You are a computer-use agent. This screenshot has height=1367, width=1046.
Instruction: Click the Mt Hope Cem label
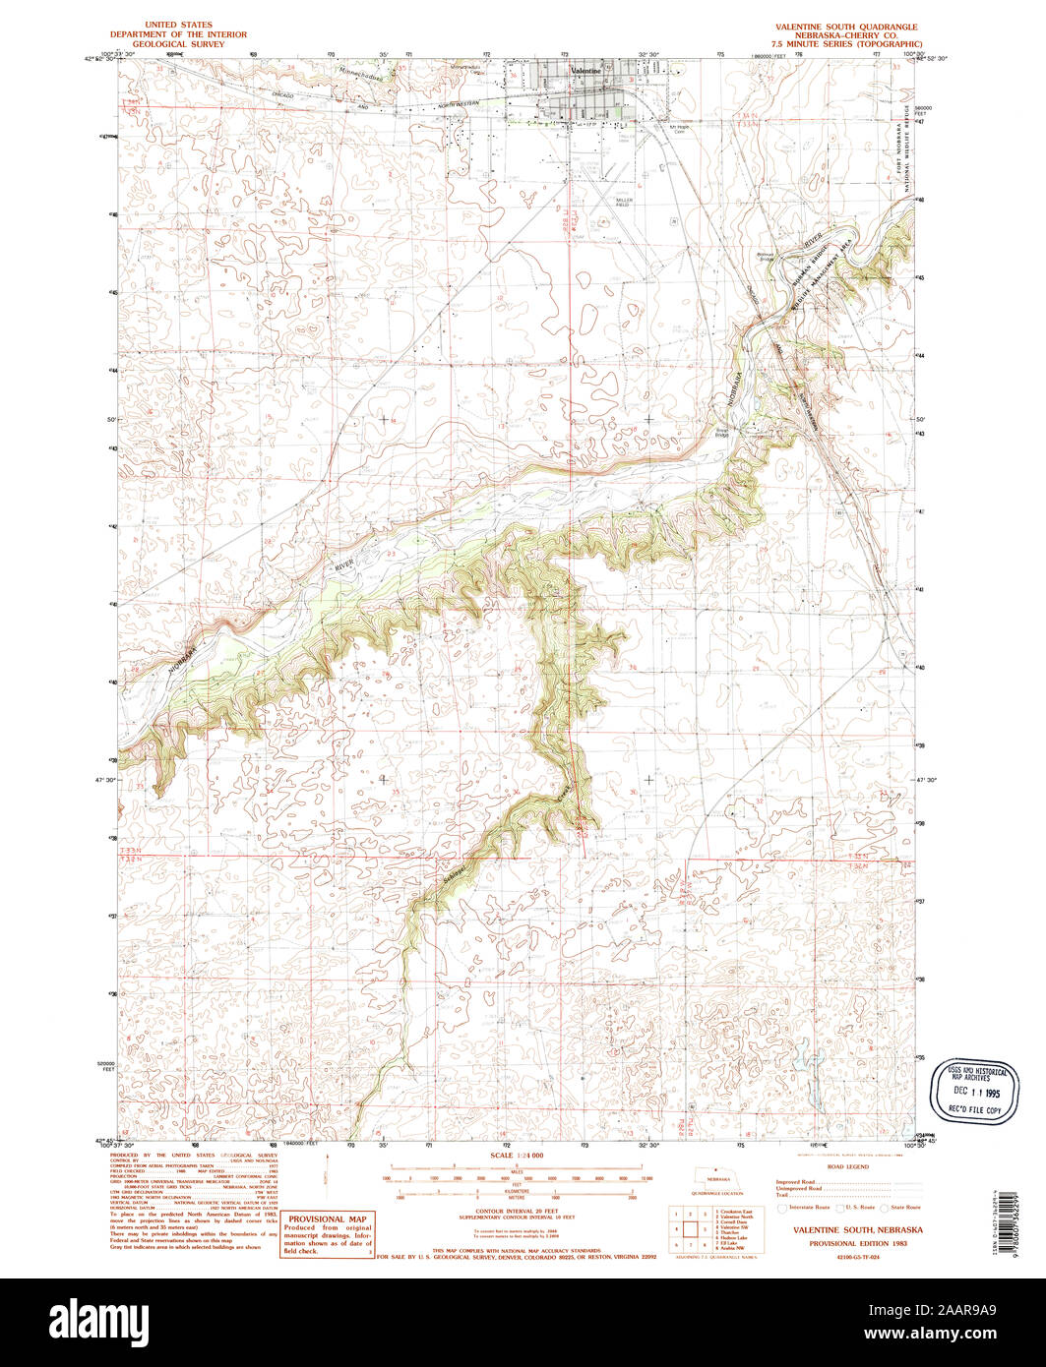(678, 129)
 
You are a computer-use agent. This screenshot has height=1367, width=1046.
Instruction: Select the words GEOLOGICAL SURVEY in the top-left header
(192, 44)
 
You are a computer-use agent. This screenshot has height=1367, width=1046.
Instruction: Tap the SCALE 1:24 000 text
(523, 1155)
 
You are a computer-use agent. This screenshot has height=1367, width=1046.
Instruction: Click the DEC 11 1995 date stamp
(974, 1092)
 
